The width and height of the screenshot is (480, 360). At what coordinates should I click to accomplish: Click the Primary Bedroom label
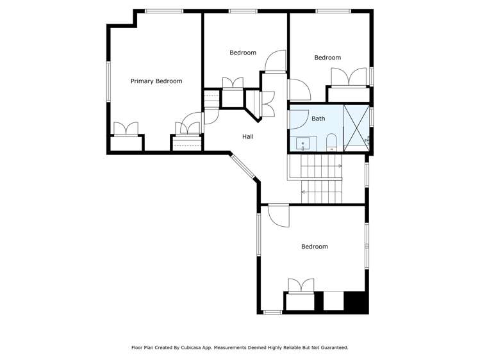pos(156,81)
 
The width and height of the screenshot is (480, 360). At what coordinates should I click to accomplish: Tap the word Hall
pos(247,136)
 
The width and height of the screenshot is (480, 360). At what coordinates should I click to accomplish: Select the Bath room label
pos(318,119)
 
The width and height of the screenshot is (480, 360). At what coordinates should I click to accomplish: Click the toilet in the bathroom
pos(331,142)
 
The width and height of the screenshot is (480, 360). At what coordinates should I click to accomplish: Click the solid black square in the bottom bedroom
pos(356,301)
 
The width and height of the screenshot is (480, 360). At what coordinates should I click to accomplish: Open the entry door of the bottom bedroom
pos(279,215)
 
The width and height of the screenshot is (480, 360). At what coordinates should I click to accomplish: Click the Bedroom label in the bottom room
pos(314,247)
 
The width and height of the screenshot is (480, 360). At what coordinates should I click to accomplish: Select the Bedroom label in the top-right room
pos(327,58)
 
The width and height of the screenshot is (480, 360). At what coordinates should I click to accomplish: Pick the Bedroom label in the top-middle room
pos(243,53)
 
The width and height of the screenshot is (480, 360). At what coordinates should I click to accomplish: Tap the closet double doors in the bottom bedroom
pos(301,286)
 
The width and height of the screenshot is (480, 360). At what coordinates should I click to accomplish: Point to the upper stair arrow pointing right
pos(339,166)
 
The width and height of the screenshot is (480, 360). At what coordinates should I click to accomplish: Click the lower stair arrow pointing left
pos(304,190)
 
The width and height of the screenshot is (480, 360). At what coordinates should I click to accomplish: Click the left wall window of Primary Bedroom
pos(108,81)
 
